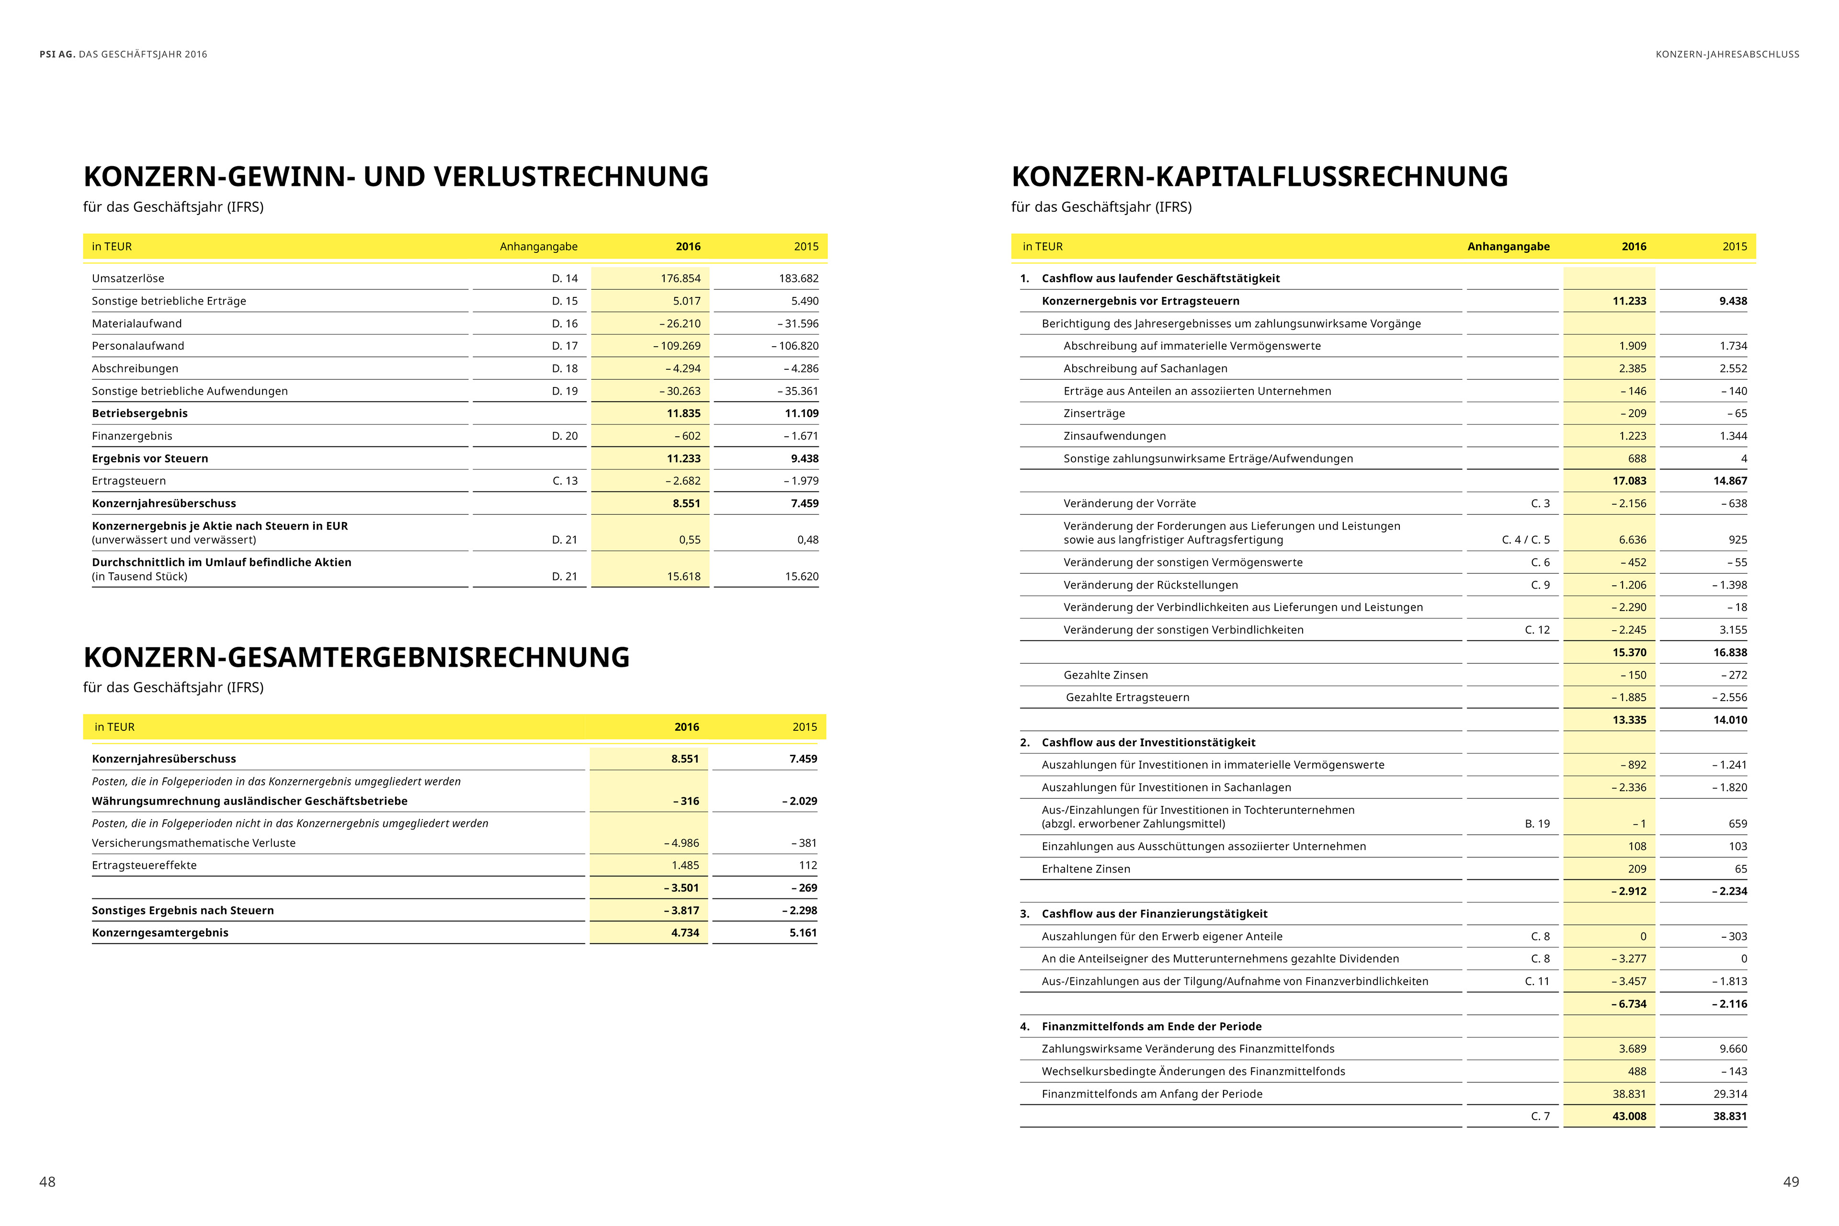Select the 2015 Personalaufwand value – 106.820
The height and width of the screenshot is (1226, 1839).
(795, 346)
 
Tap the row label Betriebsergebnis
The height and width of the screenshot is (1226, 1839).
(140, 414)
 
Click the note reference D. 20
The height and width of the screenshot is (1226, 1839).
(565, 436)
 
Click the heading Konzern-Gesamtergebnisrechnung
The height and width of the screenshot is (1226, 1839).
(356, 658)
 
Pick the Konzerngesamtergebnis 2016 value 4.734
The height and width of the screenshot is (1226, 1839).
(684, 933)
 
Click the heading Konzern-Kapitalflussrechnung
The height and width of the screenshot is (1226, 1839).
(1260, 177)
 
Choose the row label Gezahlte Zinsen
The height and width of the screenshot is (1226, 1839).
(1106, 675)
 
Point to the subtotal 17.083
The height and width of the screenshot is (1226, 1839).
(1629, 481)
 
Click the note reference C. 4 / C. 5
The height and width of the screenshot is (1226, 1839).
(1525, 540)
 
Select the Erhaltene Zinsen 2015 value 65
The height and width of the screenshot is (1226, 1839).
(1740, 869)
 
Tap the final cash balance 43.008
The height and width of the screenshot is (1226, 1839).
(1629, 1116)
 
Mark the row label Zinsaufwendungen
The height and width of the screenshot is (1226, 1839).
(1114, 436)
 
